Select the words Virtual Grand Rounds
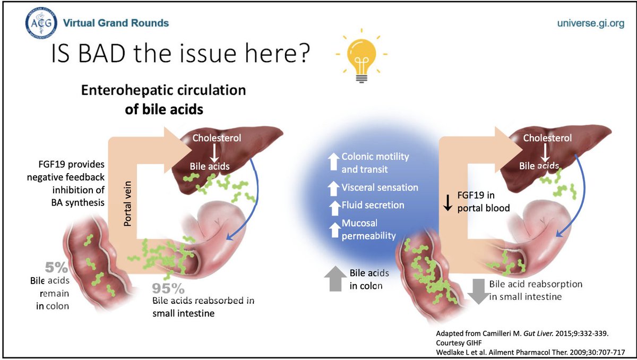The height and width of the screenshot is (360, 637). point(116,23)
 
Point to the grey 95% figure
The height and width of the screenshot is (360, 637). point(169,288)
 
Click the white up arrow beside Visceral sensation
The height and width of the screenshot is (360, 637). point(333,187)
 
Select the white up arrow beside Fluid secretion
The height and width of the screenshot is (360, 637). point(333,205)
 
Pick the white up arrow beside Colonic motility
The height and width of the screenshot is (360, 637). point(333,162)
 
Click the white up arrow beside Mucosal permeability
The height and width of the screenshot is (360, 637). point(333,229)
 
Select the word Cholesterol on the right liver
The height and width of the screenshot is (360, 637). point(547,138)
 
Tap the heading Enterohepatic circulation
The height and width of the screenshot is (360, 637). point(163,90)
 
